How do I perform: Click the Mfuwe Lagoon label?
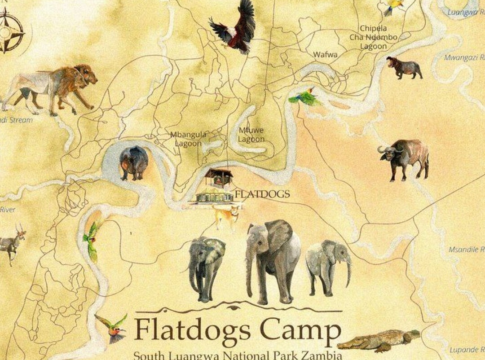click(x=251, y=135)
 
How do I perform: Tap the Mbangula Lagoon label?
click(x=188, y=139)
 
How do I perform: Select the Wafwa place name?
click(x=325, y=54)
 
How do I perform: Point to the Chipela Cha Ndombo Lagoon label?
click(x=373, y=37)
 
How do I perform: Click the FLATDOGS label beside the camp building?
click(x=262, y=194)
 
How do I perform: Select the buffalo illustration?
click(x=404, y=158)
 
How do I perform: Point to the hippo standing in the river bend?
click(x=133, y=162)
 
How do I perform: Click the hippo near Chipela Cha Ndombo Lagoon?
click(x=404, y=68)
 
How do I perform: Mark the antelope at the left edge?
click(x=11, y=242)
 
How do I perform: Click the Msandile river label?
click(x=467, y=249)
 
